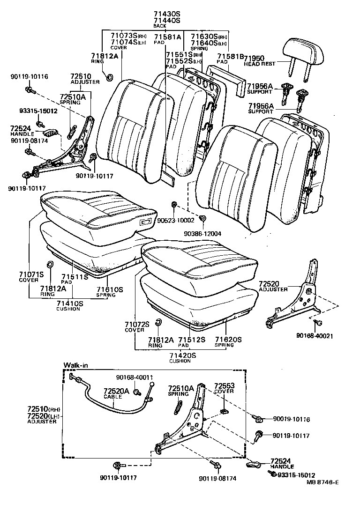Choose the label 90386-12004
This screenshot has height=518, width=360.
(202, 233)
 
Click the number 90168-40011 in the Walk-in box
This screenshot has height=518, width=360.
(135, 377)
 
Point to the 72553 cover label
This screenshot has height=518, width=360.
(224, 388)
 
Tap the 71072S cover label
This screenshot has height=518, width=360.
(137, 326)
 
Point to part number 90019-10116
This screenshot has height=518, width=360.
(291, 419)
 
